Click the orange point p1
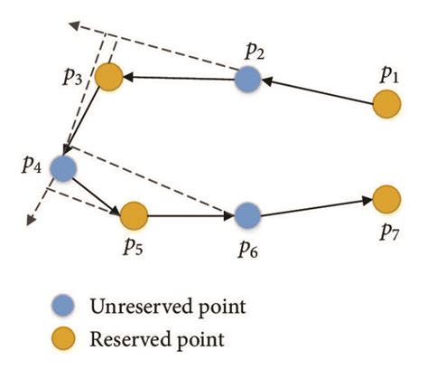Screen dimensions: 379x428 click(386, 106)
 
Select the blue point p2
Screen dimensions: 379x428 click(248, 81)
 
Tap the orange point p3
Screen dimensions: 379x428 click(109, 77)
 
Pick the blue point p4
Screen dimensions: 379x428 click(63, 168)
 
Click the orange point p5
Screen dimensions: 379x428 click(134, 215)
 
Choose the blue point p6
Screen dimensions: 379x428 click(247, 215)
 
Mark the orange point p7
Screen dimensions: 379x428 click(386, 197)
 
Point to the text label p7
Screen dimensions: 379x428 click(389, 230)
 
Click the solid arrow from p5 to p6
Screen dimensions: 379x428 click(191, 215)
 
